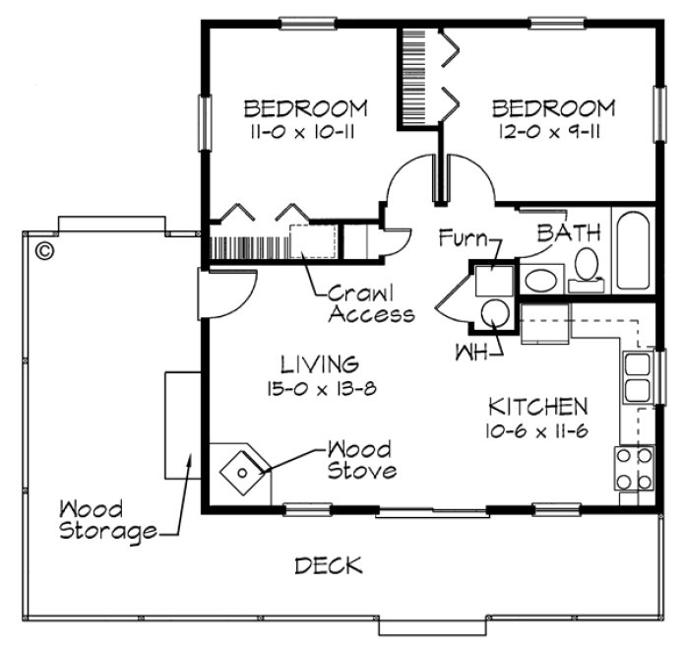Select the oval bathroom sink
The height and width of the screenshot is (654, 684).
pyautogui.click(x=540, y=279)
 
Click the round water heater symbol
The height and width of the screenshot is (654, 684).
pyautogui.click(x=492, y=314)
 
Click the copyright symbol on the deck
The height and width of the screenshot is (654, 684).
pyautogui.click(x=43, y=250)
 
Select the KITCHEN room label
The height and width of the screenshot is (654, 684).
pyautogui.click(x=538, y=406)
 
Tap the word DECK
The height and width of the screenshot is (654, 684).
pyautogui.click(x=329, y=565)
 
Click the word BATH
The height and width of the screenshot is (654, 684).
pyautogui.click(x=569, y=233)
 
